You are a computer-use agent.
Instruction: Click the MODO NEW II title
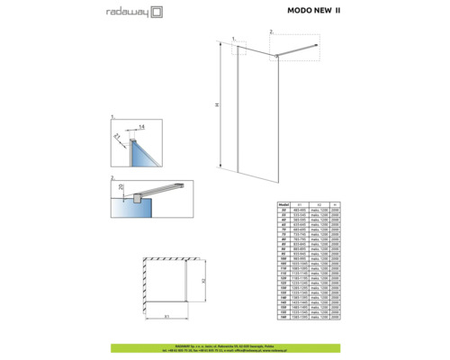tap(314, 13)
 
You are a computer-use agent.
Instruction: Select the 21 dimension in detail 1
tap(117, 136)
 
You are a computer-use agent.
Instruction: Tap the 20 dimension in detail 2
tap(124, 186)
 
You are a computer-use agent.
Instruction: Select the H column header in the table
tap(336, 205)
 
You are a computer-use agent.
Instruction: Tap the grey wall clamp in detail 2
tap(133, 198)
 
